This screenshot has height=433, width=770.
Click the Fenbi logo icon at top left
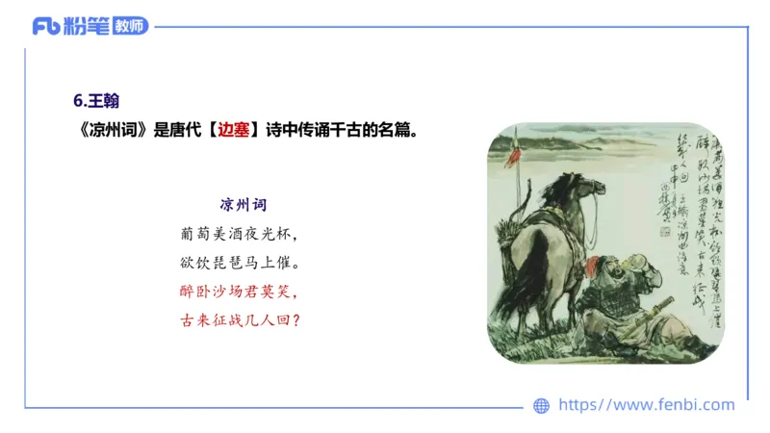[x=46, y=26]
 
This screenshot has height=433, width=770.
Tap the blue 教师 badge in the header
[x=130, y=26]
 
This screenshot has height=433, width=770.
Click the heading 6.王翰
[x=96, y=100]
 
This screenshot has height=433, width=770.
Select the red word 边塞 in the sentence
[x=234, y=130]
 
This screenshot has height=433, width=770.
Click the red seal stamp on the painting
[x=662, y=231]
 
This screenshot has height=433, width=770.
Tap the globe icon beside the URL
[x=542, y=406]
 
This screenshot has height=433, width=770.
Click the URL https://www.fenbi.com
[x=646, y=405]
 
